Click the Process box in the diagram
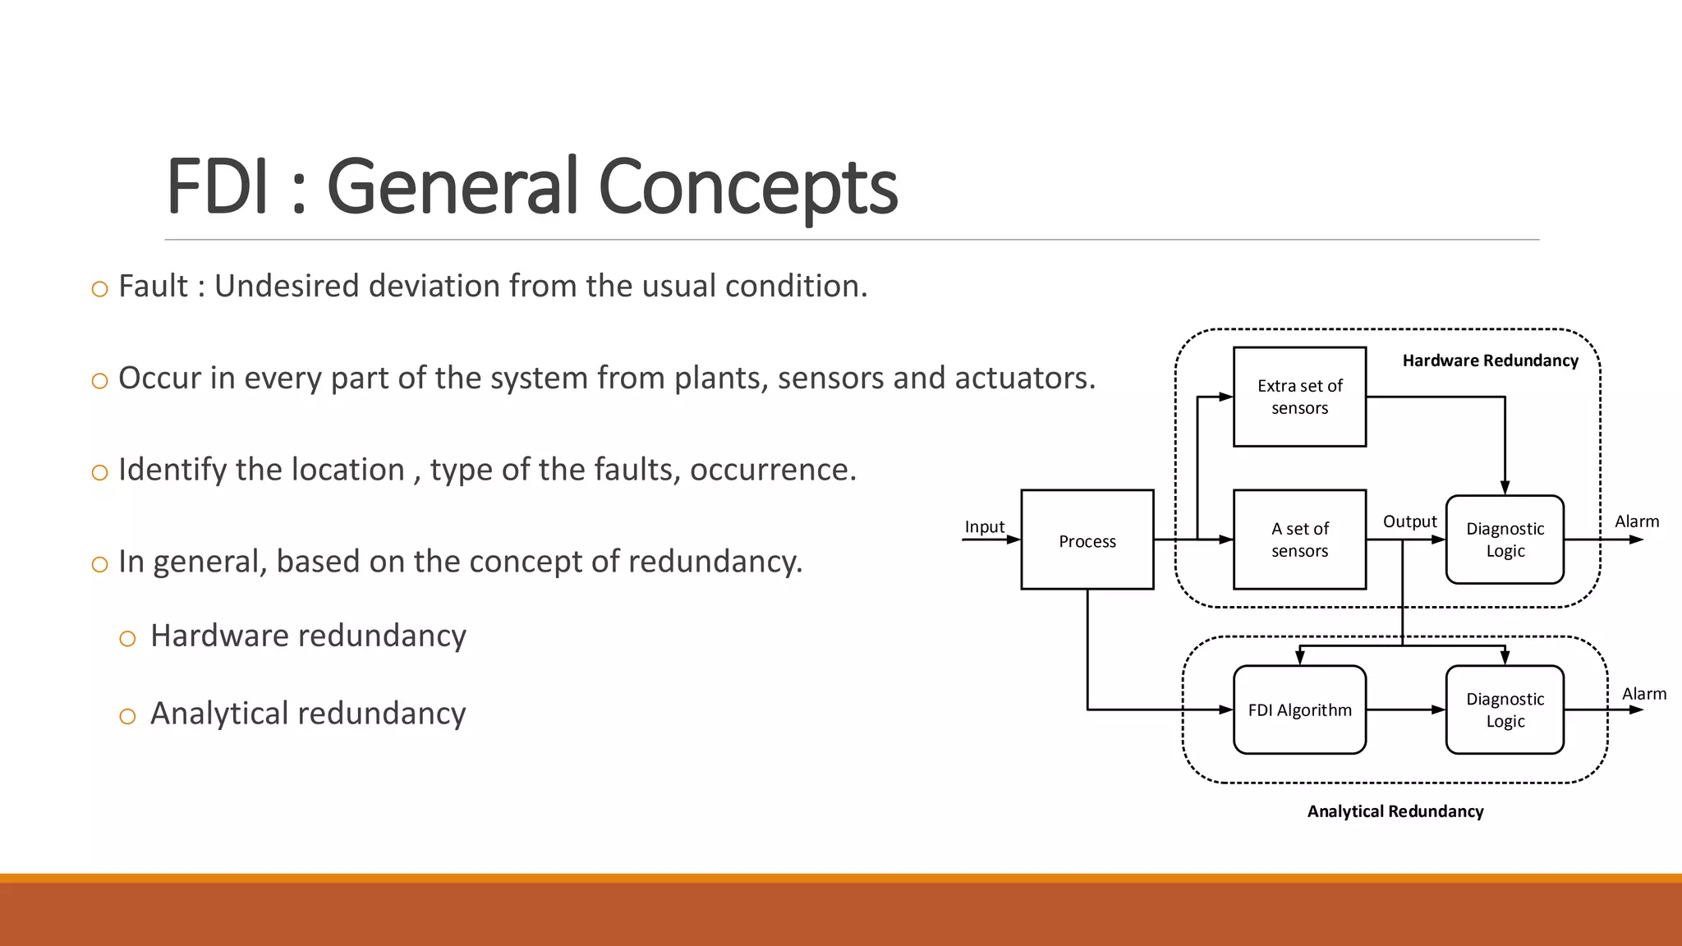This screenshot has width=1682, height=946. click(1087, 540)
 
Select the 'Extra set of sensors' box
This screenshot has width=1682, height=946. click(1299, 397)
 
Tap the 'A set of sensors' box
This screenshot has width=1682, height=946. click(1299, 540)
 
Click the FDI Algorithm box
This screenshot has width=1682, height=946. click(1299, 709)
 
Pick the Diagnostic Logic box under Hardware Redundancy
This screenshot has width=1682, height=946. click(1505, 540)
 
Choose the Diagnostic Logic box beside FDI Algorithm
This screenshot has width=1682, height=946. click(1505, 709)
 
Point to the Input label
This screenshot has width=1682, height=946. click(984, 526)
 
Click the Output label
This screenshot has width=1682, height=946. click(1409, 521)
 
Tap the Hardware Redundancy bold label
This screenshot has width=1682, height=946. click(1490, 360)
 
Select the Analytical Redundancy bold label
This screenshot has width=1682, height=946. click(1395, 811)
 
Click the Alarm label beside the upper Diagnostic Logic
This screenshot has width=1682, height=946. click(1637, 521)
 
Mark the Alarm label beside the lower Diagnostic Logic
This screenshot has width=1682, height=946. click(1643, 694)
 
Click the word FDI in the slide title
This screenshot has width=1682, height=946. click(217, 186)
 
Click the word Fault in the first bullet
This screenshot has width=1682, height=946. click(153, 286)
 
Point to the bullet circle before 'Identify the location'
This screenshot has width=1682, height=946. click(99, 472)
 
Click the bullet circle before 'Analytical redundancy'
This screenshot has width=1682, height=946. click(127, 716)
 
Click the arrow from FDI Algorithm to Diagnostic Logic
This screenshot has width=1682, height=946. click(1405, 709)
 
